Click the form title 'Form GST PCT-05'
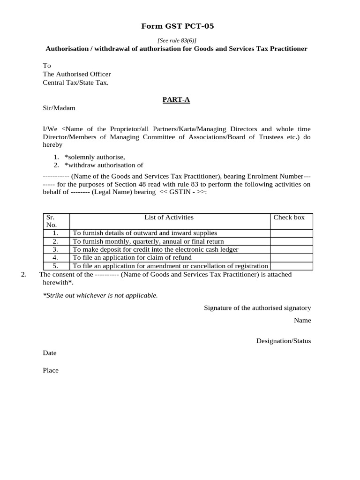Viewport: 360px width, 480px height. tap(177, 26)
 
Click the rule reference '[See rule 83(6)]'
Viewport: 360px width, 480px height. tap(177, 41)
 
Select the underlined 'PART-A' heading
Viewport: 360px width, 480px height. tap(176, 99)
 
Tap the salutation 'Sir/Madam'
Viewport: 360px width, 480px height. tap(59, 108)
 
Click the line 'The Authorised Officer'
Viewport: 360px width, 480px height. tap(77, 74)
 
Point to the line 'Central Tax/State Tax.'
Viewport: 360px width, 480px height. tap(75, 82)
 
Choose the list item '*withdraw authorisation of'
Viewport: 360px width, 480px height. tap(104, 165)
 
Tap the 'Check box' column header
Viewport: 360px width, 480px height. tap(289, 217)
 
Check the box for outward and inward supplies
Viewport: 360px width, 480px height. tap(291, 233)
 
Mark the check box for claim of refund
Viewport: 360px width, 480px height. tap(291, 258)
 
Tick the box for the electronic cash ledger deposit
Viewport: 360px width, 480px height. tap(291, 249)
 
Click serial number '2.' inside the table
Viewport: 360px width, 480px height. tap(55, 241)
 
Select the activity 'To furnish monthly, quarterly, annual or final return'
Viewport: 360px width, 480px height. tap(148, 241)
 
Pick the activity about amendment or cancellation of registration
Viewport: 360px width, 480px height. tap(170, 266)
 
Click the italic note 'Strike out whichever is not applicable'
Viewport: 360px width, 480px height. tap(100, 295)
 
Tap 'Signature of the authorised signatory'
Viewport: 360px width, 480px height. tap(257, 308)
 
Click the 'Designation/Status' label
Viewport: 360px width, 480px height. tap(283, 341)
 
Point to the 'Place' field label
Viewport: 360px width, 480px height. tap(51, 370)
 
